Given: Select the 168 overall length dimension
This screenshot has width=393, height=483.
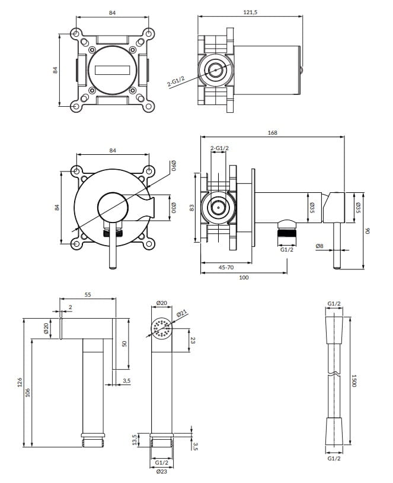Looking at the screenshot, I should tap(272, 133).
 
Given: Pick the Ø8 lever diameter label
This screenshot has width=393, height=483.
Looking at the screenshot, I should tap(319, 245).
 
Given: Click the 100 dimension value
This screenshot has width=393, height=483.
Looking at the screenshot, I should tap(243, 277).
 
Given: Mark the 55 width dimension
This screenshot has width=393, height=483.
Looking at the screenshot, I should tap(88, 295).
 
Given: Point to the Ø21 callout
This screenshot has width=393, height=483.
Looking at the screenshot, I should tap(183, 314).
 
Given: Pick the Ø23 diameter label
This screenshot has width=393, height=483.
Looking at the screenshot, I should tap(161, 472).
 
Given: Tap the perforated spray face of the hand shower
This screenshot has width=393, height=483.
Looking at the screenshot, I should tap(161, 328).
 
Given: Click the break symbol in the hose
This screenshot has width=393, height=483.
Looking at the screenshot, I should tap(334, 374).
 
